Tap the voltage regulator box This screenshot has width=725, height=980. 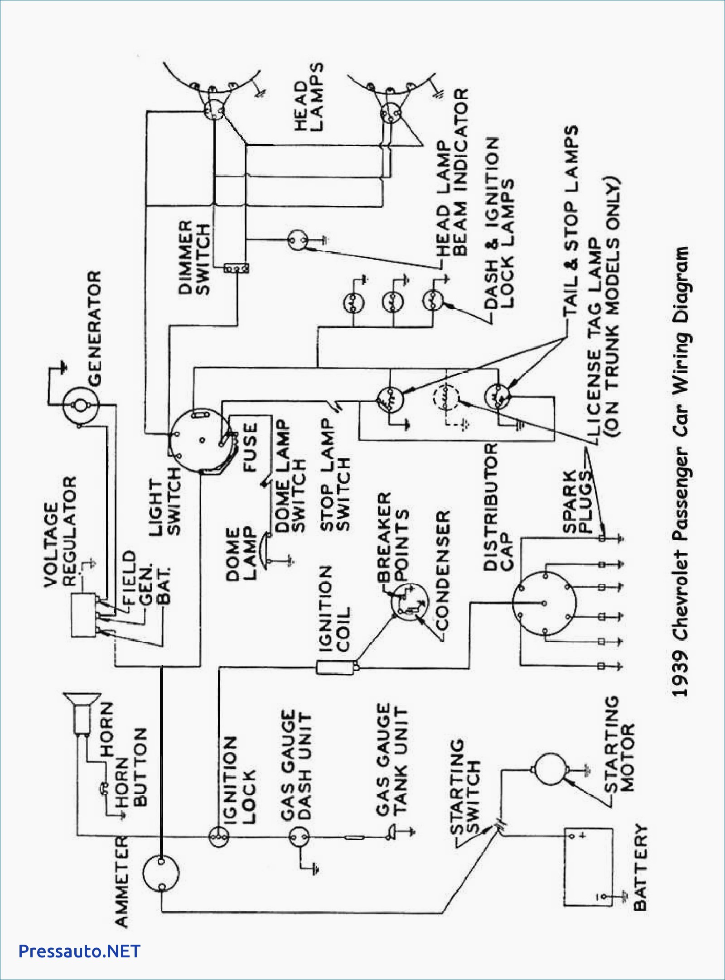pyautogui.click(x=83, y=615)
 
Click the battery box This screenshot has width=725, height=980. pyautogui.click(x=588, y=867)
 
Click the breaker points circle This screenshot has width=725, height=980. pyautogui.click(x=409, y=602)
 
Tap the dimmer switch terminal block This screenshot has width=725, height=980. pyautogui.click(x=236, y=269)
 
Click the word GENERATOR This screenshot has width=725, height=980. pyautogui.click(x=94, y=328)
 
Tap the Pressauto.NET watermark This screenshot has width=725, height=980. pyautogui.click(x=79, y=951)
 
